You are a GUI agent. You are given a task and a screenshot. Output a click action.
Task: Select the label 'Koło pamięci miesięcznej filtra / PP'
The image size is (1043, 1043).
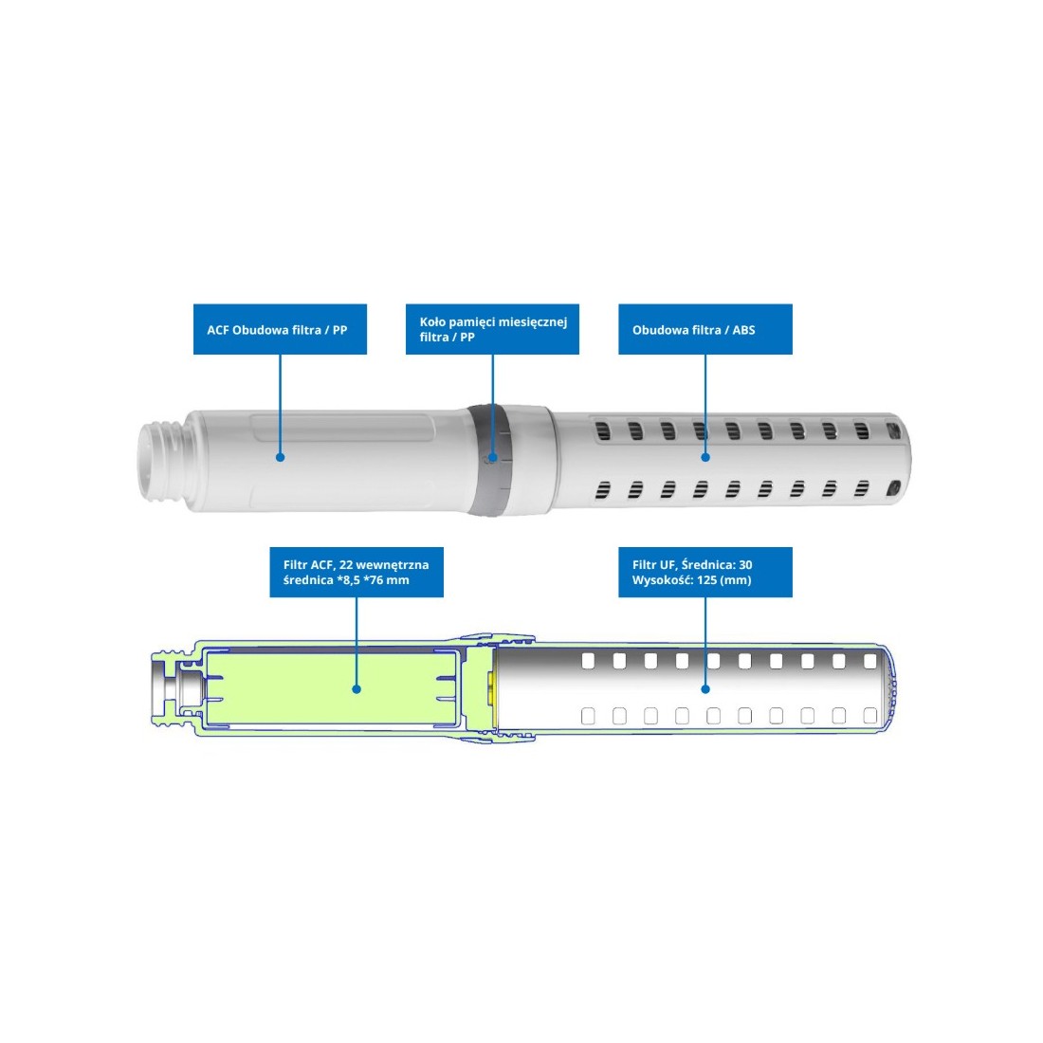point(492,329)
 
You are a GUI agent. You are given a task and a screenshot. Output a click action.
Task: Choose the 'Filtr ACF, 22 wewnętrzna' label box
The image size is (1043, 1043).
point(357,572)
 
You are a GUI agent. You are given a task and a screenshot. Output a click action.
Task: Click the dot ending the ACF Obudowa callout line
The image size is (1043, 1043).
point(280,458)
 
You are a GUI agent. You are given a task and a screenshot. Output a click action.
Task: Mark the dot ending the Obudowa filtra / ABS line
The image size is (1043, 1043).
point(705,458)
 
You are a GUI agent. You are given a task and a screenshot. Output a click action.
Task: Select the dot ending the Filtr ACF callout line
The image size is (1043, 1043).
point(357,689)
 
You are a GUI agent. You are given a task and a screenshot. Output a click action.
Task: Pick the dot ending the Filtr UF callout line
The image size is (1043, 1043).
point(705,689)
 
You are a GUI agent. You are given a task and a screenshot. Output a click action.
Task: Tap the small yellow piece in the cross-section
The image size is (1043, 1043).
point(492,688)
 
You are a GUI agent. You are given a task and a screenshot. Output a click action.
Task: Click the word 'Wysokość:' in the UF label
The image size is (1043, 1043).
point(663,580)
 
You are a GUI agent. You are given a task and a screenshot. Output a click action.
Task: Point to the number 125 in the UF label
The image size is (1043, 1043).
point(707,580)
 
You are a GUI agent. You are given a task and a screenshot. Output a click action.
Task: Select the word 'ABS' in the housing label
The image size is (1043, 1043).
point(743,330)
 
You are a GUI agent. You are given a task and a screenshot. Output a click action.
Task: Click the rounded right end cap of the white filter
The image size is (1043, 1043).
point(898,459)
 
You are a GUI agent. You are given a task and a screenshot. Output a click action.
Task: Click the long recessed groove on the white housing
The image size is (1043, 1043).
point(342,428)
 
